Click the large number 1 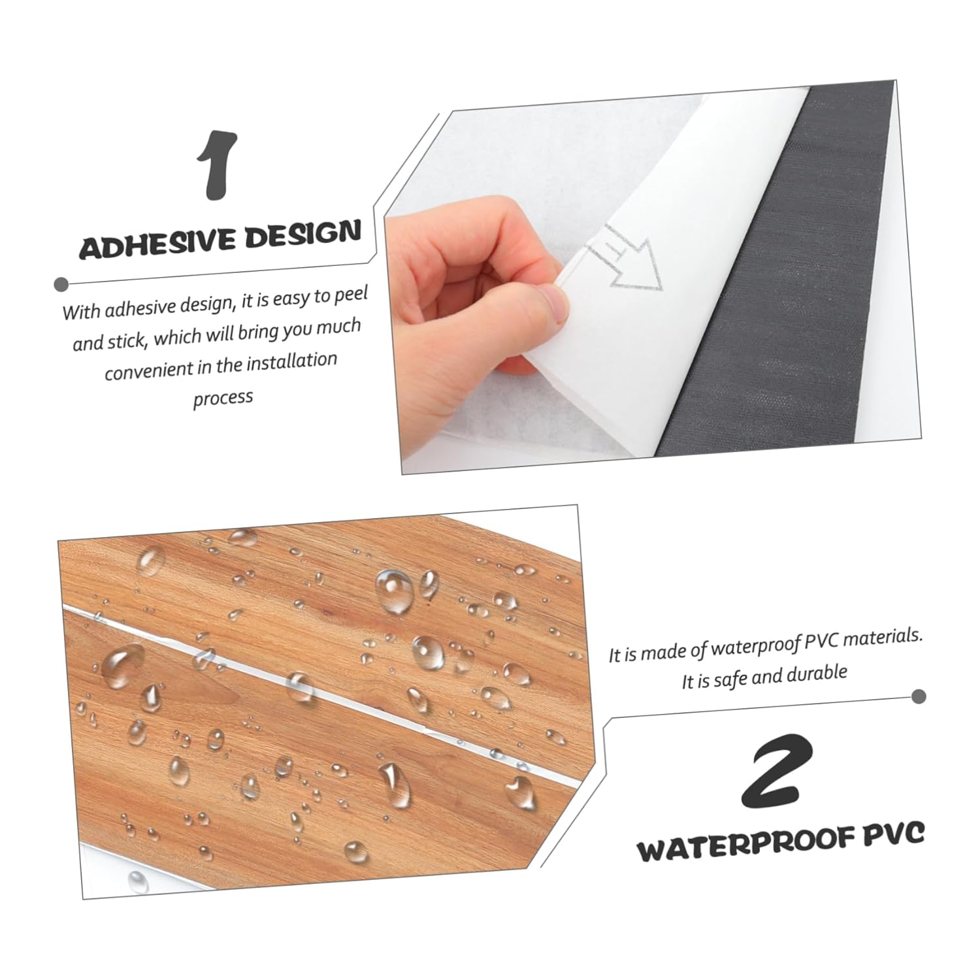218,166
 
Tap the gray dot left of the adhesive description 61,284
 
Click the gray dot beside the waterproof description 919,696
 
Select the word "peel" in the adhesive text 351,296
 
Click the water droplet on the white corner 137,882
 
